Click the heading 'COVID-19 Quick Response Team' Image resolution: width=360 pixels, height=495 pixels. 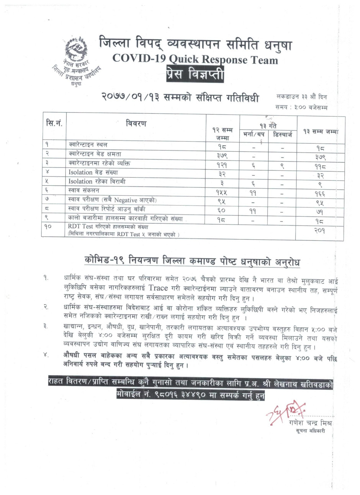coord(195,59)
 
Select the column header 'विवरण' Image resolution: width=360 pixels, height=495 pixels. coord(136,124)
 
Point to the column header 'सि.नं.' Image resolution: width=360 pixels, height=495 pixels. coord(54,123)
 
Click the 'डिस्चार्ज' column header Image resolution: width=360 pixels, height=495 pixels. coord(283,135)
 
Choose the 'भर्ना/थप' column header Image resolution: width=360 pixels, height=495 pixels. coord(254,135)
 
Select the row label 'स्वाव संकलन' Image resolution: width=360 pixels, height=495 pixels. coord(84,190)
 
